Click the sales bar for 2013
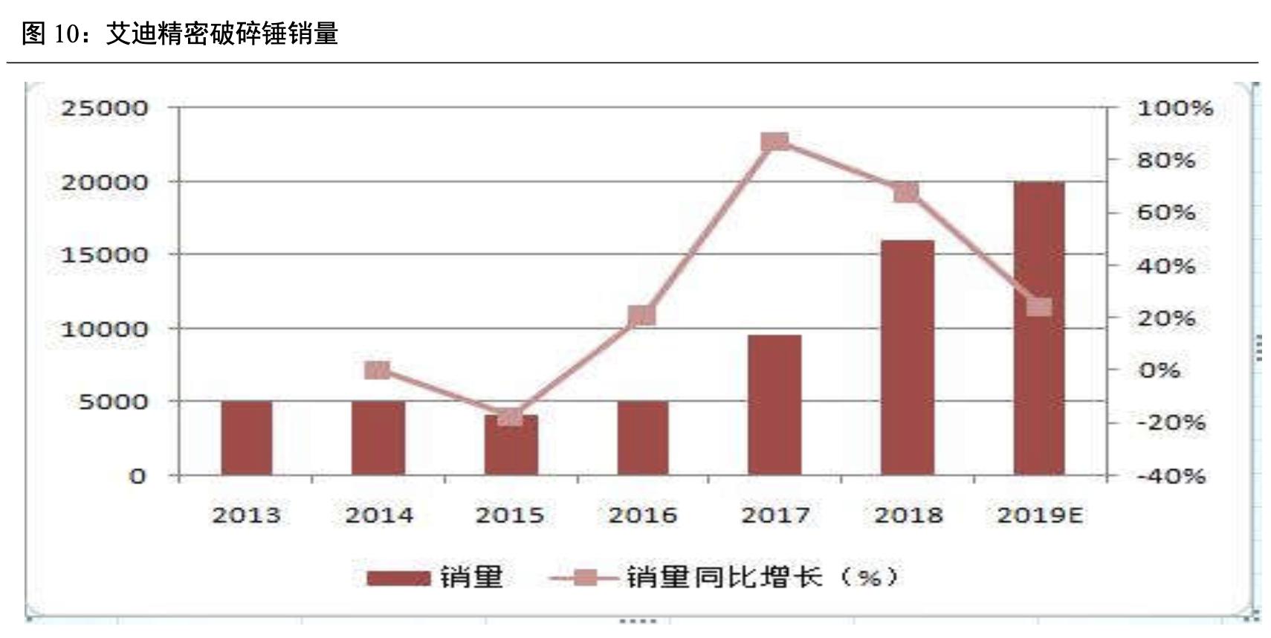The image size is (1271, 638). [247, 438]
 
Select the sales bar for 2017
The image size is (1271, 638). [774, 405]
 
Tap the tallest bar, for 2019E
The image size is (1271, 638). [1038, 328]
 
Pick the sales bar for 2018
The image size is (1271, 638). [907, 358]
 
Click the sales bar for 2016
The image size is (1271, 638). [642, 438]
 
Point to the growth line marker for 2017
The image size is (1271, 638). [774, 142]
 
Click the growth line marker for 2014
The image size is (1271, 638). [378, 370]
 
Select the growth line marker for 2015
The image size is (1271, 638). [510, 416]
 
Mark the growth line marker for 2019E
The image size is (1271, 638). [1038, 307]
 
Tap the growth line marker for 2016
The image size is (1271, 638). [642, 316]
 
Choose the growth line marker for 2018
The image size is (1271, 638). [906, 193]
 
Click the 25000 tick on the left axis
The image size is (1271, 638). [105, 109]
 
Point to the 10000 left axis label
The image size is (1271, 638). [105, 329]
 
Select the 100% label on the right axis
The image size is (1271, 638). [1174, 109]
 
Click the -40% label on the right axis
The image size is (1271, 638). [1171, 476]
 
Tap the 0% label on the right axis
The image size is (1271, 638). [1159, 370]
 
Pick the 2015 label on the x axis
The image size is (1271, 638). [510, 515]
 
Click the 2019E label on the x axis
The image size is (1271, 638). [1039, 515]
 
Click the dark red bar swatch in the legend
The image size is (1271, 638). [398, 578]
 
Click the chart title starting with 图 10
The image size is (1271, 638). [180, 33]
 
